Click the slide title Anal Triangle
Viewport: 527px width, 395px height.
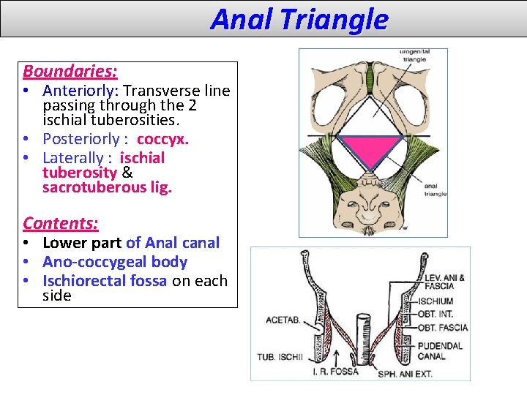pyautogui.click(x=299, y=19)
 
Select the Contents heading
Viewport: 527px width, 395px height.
pyautogui.click(x=60, y=223)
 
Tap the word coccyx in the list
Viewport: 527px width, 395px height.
pyautogui.click(x=162, y=139)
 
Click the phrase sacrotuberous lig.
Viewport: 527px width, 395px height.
pyautogui.click(x=107, y=188)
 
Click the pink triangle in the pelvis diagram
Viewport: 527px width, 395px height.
pyautogui.click(x=373, y=149)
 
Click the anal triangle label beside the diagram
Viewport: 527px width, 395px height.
pyautogui.click(x=434, y=189)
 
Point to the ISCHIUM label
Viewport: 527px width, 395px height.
pyautogui.click(x=435, y=301)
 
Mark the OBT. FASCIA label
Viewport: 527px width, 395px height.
pyautogui.click(x=442, y=328)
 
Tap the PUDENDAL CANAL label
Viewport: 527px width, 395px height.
pyautogui.click(x=441, y=350)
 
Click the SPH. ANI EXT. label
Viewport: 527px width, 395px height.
pyautogui.click(x=405, y=374)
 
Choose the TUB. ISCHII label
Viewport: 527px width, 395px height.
pyautogui.click(x=276, y=358)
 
